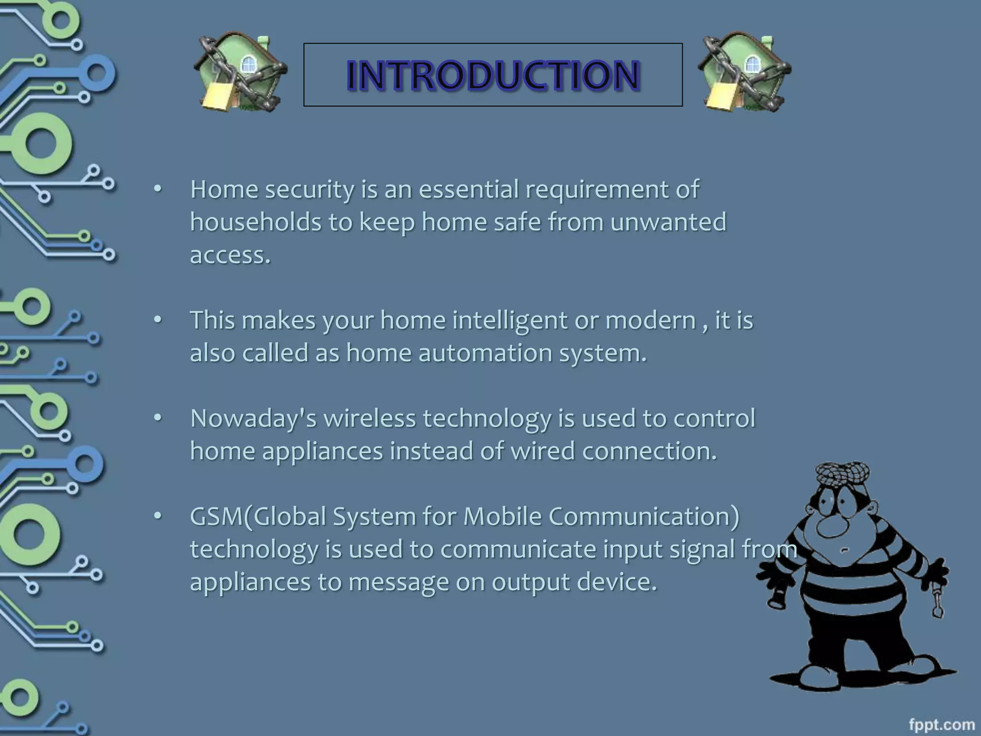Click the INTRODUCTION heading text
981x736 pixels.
tap(493, 75)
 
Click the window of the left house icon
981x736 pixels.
tap(248, 64)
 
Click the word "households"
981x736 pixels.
tap(255, 222)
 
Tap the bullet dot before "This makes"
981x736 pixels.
tap(158, 320)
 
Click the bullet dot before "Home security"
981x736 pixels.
tap(158, 189)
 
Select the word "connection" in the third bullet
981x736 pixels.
tap(650, 451)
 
